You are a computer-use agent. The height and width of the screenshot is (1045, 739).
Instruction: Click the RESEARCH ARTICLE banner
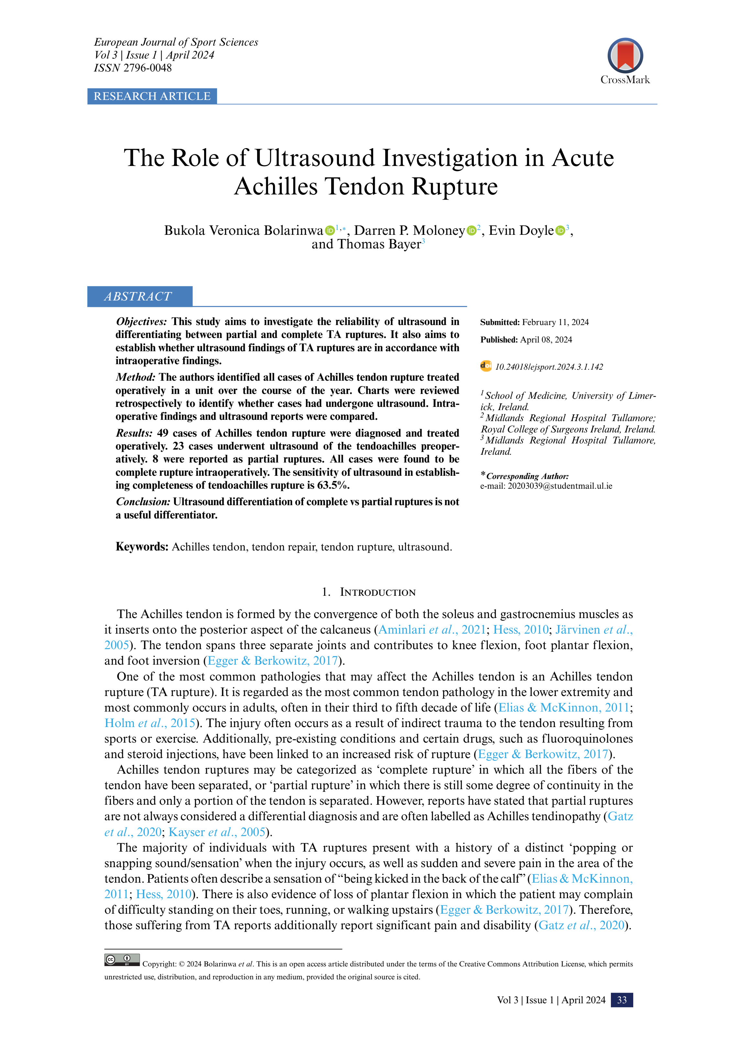152,96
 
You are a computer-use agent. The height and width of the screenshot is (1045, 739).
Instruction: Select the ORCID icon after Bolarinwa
330,231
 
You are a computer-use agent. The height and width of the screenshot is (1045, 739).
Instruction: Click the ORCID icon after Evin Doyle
560,231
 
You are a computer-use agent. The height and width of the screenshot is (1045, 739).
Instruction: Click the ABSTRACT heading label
138,297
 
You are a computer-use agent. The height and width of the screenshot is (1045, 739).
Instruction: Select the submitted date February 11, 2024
555,322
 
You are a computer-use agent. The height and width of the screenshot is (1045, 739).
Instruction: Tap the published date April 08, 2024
546,340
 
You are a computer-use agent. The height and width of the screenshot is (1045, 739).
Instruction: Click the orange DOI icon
486,366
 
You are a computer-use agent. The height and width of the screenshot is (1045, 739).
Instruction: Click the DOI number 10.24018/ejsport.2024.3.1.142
549,367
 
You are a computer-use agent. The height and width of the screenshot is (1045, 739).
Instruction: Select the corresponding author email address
560,486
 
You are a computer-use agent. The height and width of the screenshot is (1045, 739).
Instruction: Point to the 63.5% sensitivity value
333,485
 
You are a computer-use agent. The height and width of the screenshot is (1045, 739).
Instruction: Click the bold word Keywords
142,547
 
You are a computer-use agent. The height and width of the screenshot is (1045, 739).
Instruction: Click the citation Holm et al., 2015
150,723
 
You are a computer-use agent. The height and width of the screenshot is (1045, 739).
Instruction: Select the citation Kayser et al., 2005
217,832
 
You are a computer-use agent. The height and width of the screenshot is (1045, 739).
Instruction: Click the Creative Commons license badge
122,960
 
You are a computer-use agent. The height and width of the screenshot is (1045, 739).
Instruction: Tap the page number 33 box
622,1000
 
